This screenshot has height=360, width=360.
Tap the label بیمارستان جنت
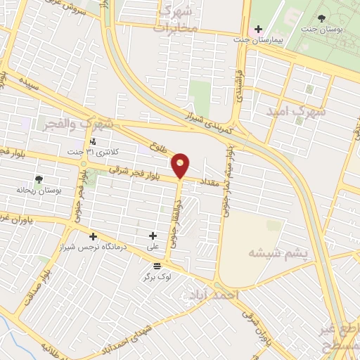(278, 41)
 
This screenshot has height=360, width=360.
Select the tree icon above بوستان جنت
(322, 18)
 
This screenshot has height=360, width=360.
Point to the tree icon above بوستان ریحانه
(39, 179)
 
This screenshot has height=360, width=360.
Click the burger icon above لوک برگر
(156, 266)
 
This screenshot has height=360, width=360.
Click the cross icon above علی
(153, 236)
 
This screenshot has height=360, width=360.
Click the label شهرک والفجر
(67, 123)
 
